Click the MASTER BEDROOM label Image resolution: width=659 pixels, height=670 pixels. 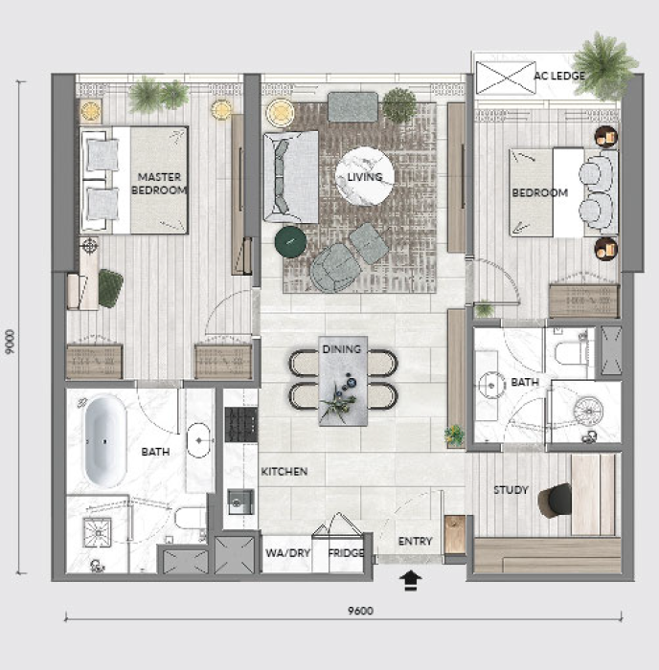click(159, 184)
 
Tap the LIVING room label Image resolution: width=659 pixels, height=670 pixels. click(364, 177)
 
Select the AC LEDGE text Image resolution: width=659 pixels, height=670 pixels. click(559, 76)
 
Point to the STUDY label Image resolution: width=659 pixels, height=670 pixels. click(511, 490)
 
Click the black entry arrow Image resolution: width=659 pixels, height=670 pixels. click(411, 581)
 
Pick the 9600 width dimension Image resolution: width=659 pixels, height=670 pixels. click(360, 611)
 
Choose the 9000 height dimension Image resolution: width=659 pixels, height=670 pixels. click(10, 342)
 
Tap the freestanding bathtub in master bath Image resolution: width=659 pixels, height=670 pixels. click(105, 441)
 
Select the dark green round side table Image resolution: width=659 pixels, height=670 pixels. click(291, 242)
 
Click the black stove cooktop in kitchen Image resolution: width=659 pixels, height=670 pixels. click(241, 424)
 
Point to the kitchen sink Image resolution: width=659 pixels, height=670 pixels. click(240, 502)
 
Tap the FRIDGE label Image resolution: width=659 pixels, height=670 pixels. click(346, 553)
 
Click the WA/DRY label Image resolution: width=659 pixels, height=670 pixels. click(287, 553)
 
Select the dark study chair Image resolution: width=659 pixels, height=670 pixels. click(556, 501)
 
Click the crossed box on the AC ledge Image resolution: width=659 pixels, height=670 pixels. click(506, 78)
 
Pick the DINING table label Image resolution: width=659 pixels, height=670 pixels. click(342, 349)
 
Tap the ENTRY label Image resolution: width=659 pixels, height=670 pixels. click(416, 542)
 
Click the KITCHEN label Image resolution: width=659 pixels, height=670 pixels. click(284, 471)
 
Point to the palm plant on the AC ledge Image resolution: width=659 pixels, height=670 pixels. click(605, 65)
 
